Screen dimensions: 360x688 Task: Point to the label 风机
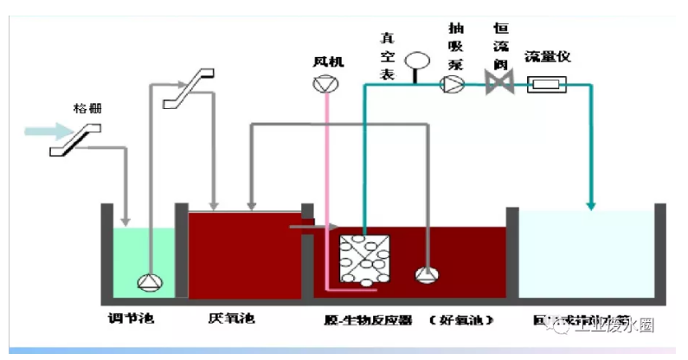[x=329, y=61]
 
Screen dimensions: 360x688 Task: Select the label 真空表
[x=389, y=55]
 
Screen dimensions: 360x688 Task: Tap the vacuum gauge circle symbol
[x=417, y=61]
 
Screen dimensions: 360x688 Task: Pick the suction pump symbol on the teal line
[x=452, y=84]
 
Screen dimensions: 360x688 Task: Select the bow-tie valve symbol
[x=499, y=84]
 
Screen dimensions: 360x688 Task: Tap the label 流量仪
[x=548, y=57]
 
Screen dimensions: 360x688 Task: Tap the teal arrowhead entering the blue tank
[x=592, y=204]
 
